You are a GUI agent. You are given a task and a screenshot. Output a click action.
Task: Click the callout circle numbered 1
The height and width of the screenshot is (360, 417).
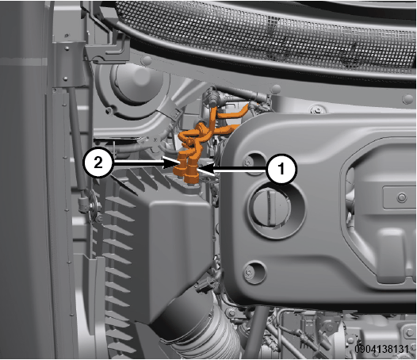tap(281, 169)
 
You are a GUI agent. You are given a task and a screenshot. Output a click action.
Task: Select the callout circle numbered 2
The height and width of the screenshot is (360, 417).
tap(98, 162)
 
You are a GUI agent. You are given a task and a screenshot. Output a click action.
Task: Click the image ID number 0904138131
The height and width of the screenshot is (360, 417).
tap(381, 349)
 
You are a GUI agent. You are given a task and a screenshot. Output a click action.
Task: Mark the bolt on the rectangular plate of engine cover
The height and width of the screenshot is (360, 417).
tap(402, 197)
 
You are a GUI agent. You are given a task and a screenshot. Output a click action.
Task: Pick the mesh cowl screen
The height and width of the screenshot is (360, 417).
tap(266, 36)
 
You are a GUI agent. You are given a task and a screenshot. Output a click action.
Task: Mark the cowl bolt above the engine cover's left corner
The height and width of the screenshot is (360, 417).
tap(317, 109)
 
